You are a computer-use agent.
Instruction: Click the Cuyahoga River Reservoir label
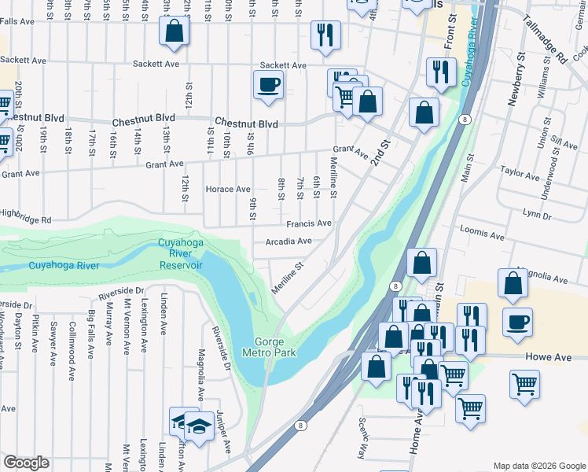(x=180, y=254)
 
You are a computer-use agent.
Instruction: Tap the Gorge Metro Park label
(x=274, y=347)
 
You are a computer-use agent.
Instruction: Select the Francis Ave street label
(x=308, y=224)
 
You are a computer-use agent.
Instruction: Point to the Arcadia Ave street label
(x=288, y=242)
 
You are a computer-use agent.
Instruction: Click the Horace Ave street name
(x=227, y=190)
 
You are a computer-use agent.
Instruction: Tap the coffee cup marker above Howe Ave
(x=516, y=322)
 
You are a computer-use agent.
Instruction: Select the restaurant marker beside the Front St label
(x=440, y=72)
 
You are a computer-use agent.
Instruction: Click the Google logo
(x=27, y=463)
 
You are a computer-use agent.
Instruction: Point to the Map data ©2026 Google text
(x=539, y=466)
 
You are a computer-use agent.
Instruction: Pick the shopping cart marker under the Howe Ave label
(x=524, y=385)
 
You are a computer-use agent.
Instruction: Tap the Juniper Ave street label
(x=226, y=434)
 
